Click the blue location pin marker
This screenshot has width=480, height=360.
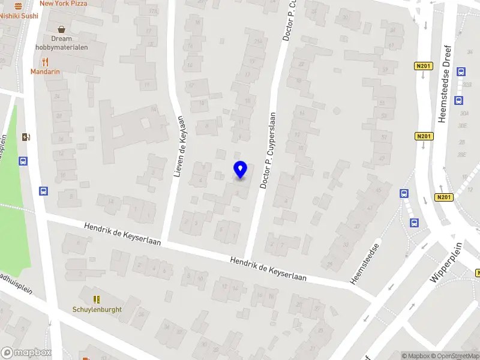tap(240, 169)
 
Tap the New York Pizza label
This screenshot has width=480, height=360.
tap(63, 4)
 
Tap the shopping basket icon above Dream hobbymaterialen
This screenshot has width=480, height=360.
tap(61, 29)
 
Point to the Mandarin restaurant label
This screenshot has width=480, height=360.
tap(46, 71)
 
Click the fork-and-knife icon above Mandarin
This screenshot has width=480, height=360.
tap(46, 61)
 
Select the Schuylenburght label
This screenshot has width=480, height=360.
tap(97, 310)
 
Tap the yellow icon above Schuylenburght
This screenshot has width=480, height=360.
tap(97, 299)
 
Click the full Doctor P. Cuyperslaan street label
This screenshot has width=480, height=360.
tap(268, 151)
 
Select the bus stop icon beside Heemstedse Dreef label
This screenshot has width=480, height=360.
tap(461, 71)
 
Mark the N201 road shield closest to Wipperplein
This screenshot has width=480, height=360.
tap(443, 197)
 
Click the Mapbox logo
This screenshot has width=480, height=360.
tap(25, 353)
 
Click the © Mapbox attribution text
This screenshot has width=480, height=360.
tap(415, 356)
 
